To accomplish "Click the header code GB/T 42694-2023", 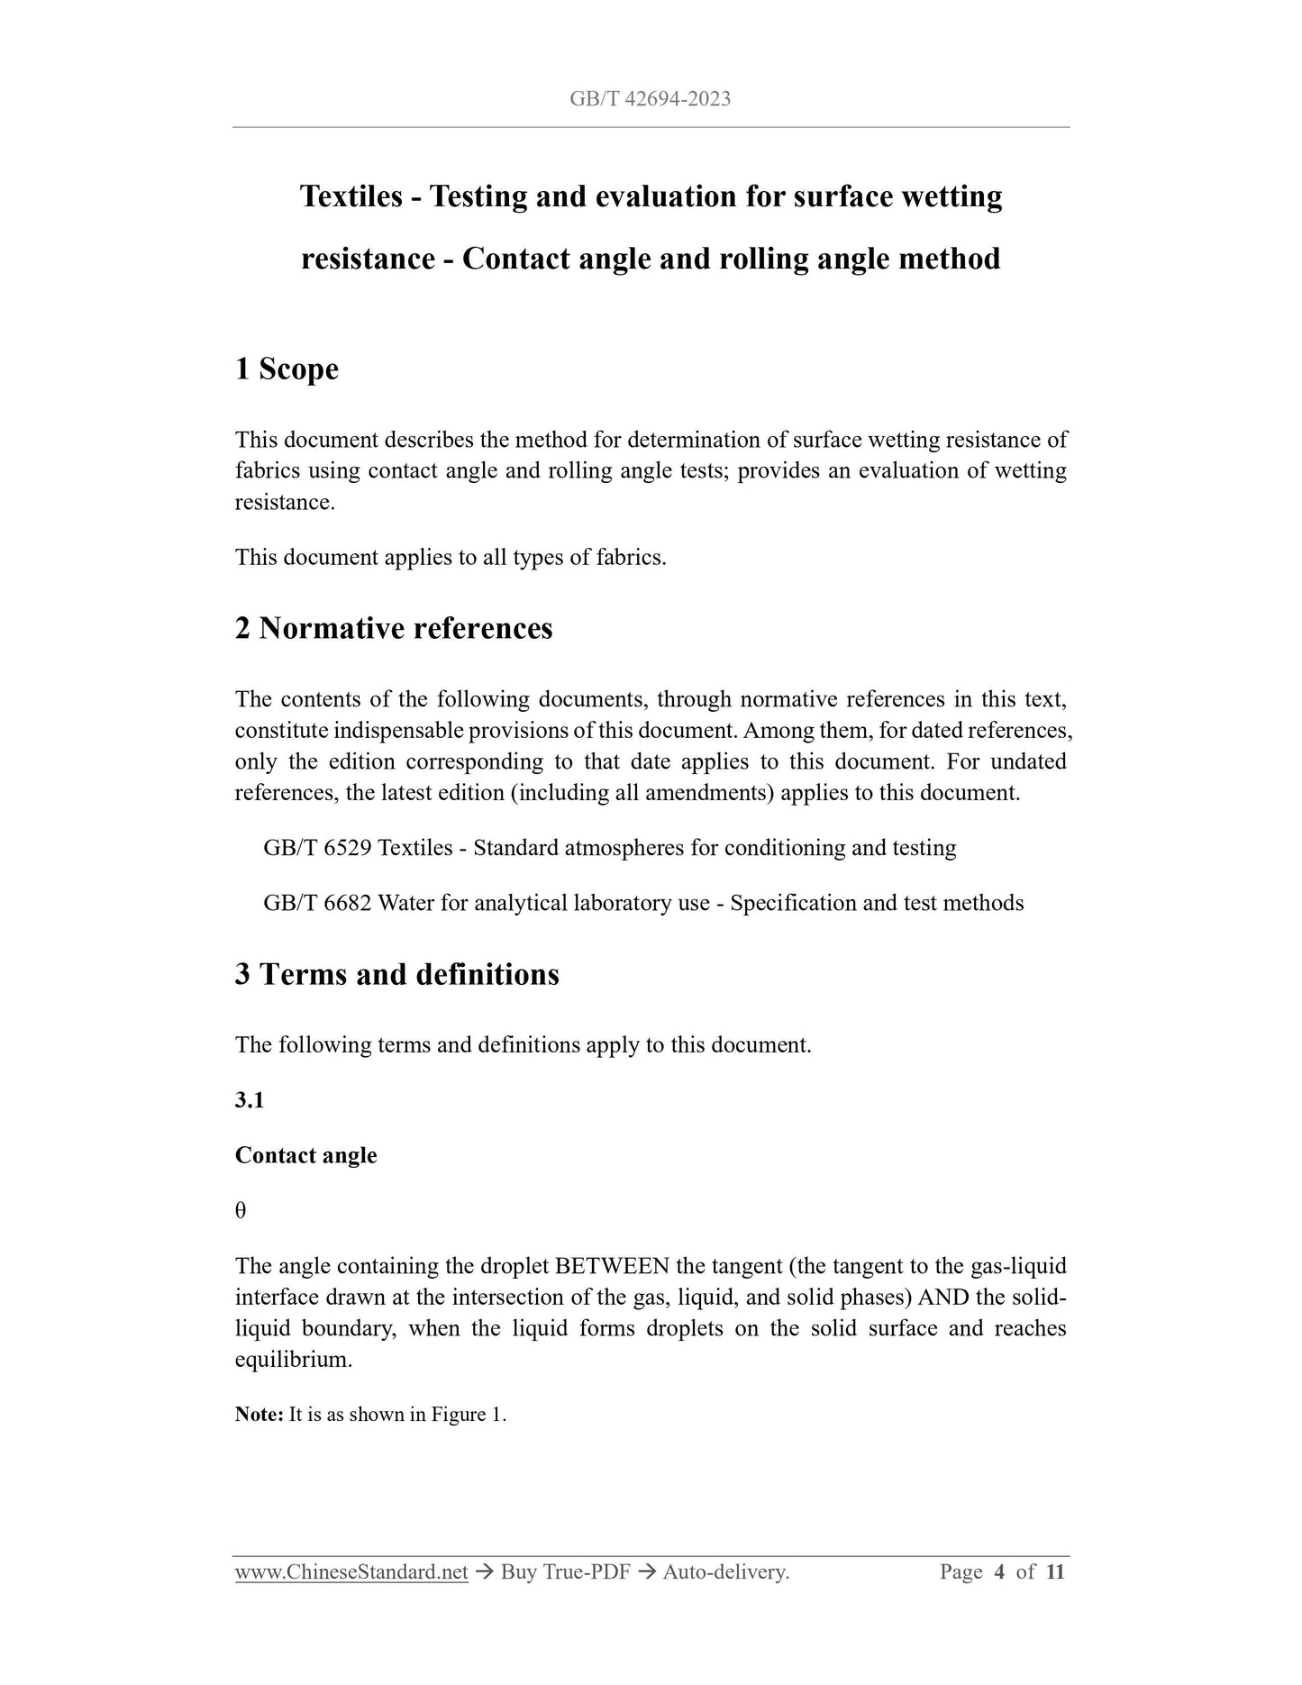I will [650, 99].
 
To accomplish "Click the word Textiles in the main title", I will [351, 196].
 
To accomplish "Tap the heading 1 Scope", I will [287, 369].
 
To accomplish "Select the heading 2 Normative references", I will [394, 628].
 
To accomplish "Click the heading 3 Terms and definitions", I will [396, 974].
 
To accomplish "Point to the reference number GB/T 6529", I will [317, 848].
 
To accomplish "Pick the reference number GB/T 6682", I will [317, 903].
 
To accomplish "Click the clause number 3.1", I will [249, 1100].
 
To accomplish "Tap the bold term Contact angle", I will [305, 1155].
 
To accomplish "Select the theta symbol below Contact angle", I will [241, 1211].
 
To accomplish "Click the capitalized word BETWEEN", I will [612, 1266].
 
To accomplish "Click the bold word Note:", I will [259, 1415].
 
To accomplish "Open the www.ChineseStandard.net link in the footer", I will [351, 1572].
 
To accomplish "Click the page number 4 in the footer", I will [999, 1572].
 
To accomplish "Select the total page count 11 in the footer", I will [1056, 1572].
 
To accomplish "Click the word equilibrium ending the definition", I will [292, 1360].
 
